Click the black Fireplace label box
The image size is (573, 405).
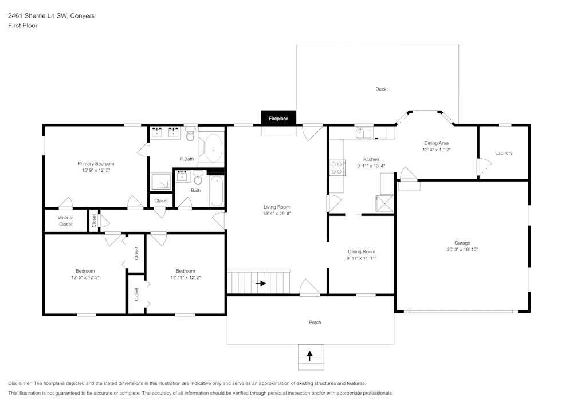[x=278, y=118]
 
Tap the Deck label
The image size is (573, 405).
[x=381, y=89]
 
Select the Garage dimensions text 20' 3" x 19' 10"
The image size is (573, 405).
[x=462, y=249]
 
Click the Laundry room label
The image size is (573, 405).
[x=504, y=153]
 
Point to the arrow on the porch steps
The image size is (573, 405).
[x=310, y=356]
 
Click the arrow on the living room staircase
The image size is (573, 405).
[x=261, y=283]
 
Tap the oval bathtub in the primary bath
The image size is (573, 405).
[x=213, y=148]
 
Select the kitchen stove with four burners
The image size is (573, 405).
[x=336, y=168]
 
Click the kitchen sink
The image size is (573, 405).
[x=364, y=133]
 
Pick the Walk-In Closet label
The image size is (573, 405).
[x=66, y=221]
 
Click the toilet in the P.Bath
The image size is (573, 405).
[x=190, y=134]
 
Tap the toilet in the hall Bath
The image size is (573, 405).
[x=198, y=178]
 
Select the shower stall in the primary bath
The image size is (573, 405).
[x=161, y=182]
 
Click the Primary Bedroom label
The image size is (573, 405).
[x=96, y=164]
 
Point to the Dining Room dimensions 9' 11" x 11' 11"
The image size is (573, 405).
[x=362, y=258]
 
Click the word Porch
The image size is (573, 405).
[x=315, y=322]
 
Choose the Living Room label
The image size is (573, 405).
[x=277, y=207]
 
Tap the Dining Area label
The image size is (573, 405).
[x=436, y=143]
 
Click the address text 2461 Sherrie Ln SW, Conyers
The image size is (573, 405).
[x=51, y=15]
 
